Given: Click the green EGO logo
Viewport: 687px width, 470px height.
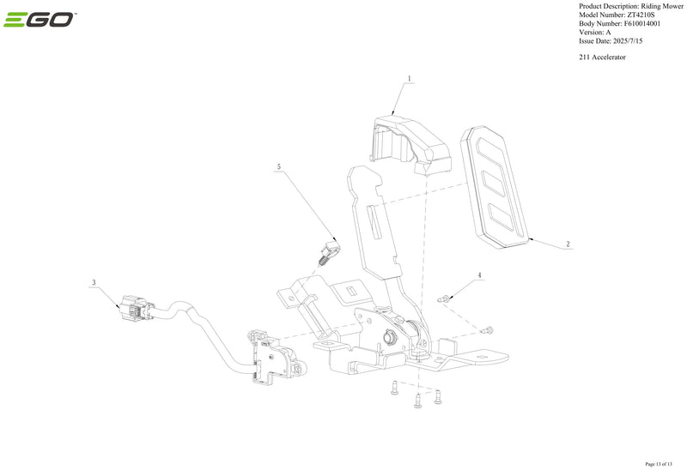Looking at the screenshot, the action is pyautogui.click(x=39, y=20).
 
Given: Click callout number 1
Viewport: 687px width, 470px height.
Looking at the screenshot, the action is pyautogui.click(x=410, y=79).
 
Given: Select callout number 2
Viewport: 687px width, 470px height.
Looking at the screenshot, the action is pyautogui.click(x=568, y=244).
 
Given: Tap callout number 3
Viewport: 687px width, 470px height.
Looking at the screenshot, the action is pyautogui.click(x=94, y=283).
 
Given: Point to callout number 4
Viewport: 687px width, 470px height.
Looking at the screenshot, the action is pyautogui.click(x=479, y=275).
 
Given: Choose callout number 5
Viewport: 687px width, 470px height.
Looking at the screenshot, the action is pyautogui.click(x=279, y=166).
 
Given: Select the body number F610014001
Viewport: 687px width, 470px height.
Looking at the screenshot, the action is pyautogui.click(x=641, y=24).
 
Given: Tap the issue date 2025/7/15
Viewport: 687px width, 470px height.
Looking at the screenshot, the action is pyautogui.click(x=627, y=41).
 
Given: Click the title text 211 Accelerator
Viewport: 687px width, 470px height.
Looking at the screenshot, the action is pyautogui.click(x=603, y=57).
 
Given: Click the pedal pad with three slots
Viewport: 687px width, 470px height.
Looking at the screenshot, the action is pyautogui.click(x=495, y=187).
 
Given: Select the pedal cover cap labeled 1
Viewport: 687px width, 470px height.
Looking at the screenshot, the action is pyautogui.click(x=411, y=143).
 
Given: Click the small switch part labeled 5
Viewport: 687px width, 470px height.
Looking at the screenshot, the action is pyautogui.click(x=329, y=253).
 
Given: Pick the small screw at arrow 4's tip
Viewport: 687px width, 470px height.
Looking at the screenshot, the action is pyautogui.click(x=443, y=299).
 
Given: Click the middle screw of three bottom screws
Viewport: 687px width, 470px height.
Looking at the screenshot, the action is pyautogui.click(x=417, y=401).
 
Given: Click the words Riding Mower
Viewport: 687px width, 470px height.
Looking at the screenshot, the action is pyautogui.click(x=661, y=6).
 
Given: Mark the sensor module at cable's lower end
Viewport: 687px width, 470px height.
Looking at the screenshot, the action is pyautogui.click(x=275, y=358).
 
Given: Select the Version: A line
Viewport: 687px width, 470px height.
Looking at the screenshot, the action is pyautogui.click(x=594, y=33).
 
